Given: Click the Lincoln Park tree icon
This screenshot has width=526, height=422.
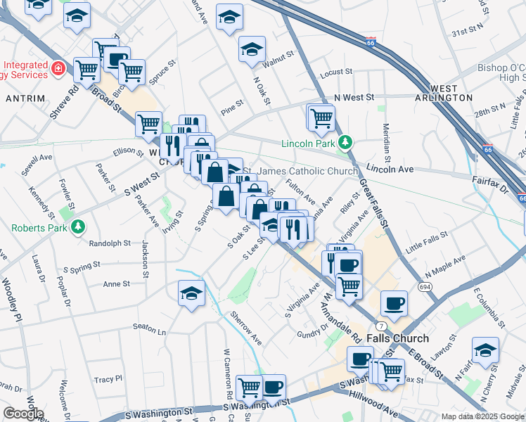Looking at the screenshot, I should pyautogui.click(x=345, y=143).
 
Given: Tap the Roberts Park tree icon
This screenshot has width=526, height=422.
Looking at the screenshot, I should pyautogui.click(x=79, y=227).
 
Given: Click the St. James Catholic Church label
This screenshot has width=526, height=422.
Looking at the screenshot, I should pyautogui.click(x=308, y=171).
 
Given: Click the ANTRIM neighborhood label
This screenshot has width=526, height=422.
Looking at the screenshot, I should pyautogui.click(x=25, y=98).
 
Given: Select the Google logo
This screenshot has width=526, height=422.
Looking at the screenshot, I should pyautogui.click(x=23, y=414).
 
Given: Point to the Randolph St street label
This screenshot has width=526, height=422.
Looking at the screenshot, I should pyautogui.click(x=110, y=243).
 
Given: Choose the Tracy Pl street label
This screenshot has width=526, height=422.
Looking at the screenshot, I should pyautogui.click(x=108, y=379).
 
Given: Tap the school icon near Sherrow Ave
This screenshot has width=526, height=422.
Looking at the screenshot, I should pyautogui.click(x=191, y=295).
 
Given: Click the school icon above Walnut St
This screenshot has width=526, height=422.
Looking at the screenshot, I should pyautogui.click(x=251, y=49).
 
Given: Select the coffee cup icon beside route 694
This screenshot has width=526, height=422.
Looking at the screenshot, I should pyautogui.click(x=394, y=304).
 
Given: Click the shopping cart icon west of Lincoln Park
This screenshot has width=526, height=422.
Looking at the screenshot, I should pyautogui.click(x=321, y=117).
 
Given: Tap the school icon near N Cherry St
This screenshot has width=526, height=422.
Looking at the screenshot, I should pyautogui.click(x=485, y=350).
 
